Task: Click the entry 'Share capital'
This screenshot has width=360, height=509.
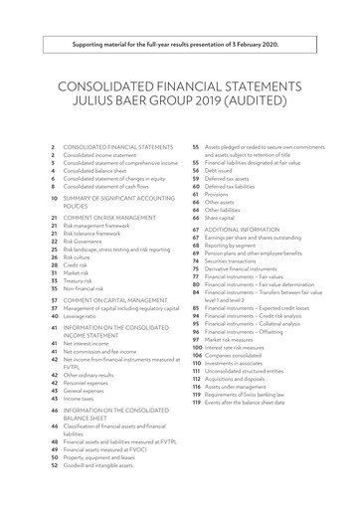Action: [220, 216]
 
